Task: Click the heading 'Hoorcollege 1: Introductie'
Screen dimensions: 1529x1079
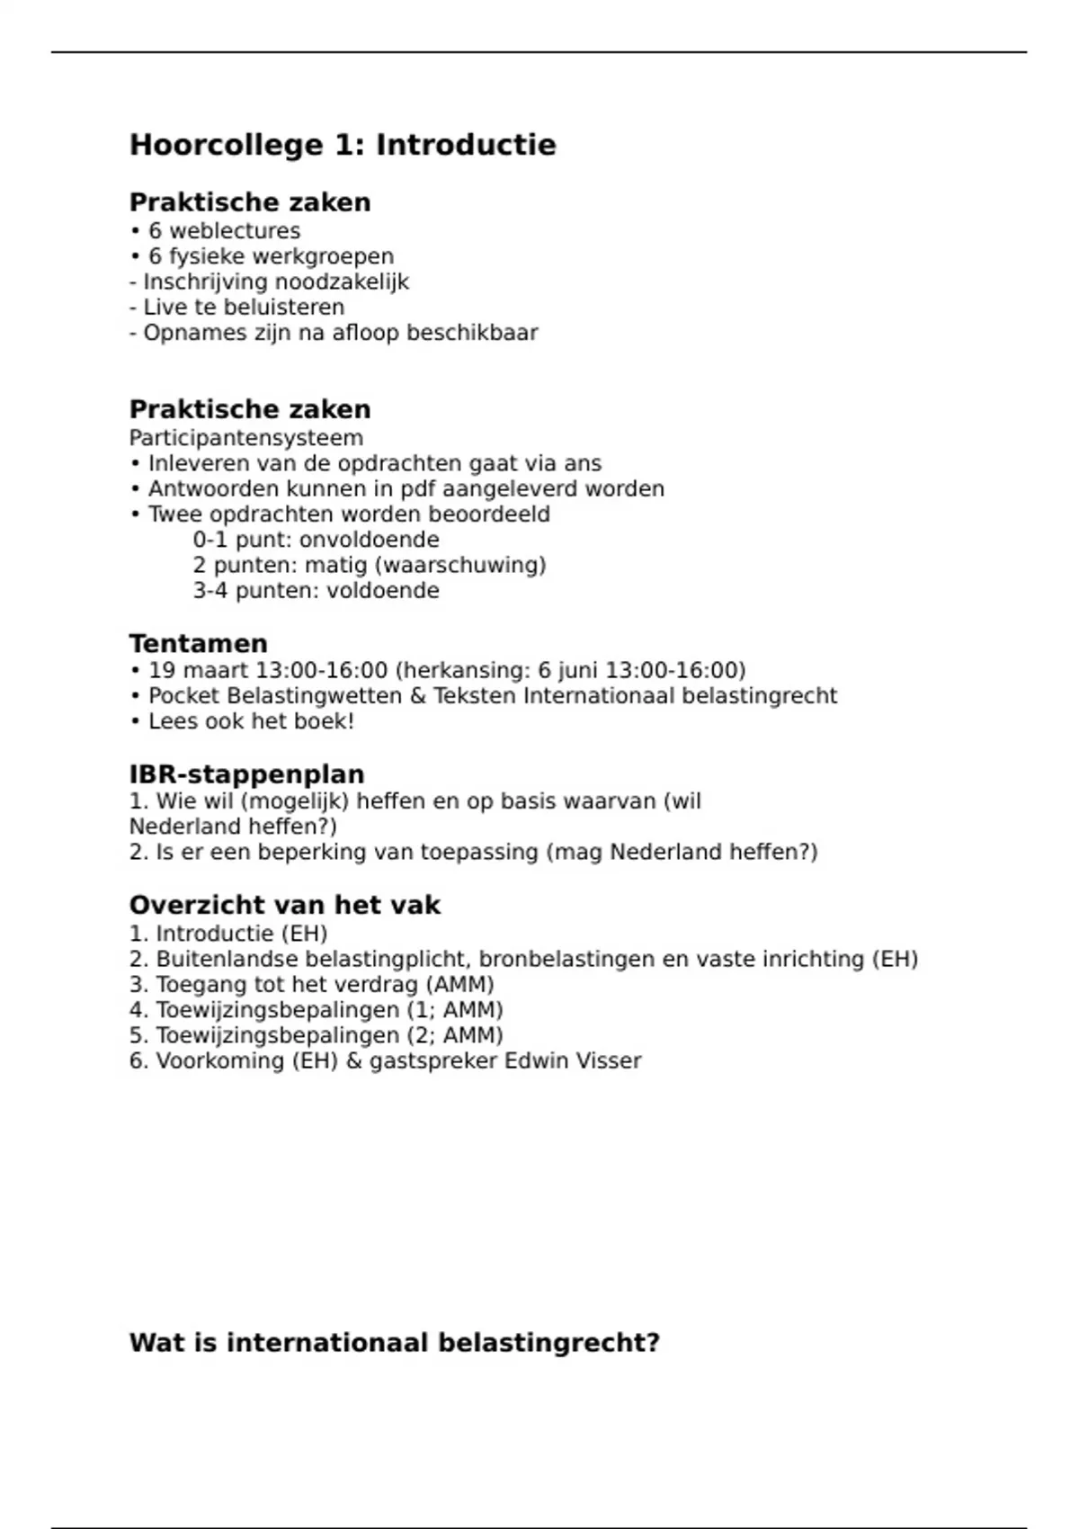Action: [x=343, y=145]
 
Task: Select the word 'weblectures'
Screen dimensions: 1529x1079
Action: [x=235, y=231]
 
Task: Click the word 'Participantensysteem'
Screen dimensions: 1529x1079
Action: [x=246, y=438]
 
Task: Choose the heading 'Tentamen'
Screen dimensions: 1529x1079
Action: [x=199, y=644]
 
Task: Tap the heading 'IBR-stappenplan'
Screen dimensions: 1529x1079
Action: [x=247, y=774]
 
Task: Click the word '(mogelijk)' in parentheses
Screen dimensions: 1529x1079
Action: [x=295, y=801]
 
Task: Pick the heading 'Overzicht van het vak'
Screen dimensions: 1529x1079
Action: [x=285, y=905]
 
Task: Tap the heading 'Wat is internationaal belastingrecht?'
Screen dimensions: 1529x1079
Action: [x=395, y=1343]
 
